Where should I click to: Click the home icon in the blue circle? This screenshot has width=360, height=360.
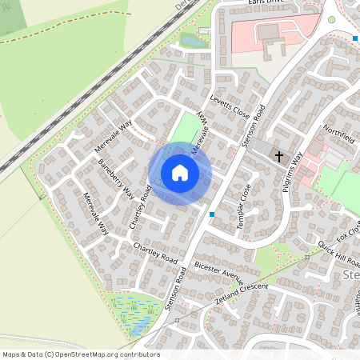pos(180,173)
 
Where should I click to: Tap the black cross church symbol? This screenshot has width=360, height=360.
pos(279,156)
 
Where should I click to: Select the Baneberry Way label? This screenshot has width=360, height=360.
pos(116,178)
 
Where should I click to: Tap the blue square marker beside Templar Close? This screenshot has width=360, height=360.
pos(211,214)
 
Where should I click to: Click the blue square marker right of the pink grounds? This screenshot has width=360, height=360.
pos(354,38)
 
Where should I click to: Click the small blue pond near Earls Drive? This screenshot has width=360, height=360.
pos(191,38)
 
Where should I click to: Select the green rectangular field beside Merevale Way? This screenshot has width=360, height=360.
pos(186,130)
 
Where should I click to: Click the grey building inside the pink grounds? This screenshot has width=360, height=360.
pos(268,33)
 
